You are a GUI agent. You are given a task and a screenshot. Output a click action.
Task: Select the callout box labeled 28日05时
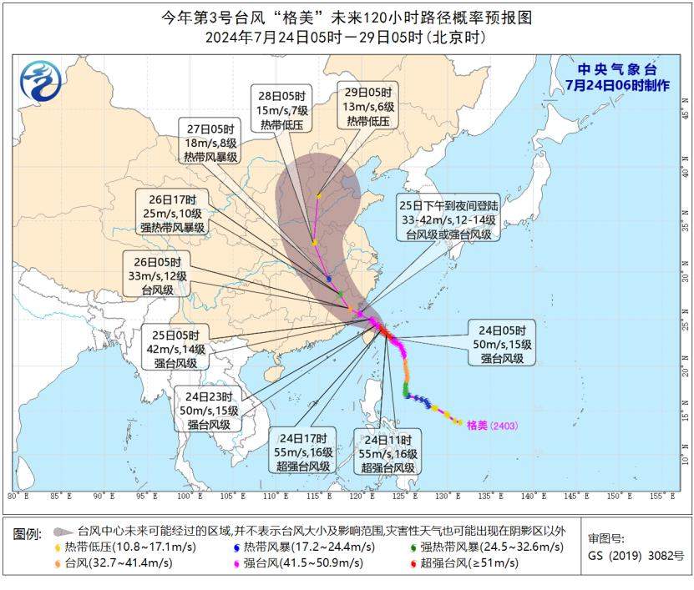(x=281, y=106)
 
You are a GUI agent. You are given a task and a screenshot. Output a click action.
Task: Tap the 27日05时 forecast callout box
(x=210, y=143)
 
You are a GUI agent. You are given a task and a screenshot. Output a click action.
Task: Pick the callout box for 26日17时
(x=173, y=214)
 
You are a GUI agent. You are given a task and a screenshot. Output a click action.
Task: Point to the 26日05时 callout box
(x=157, y=272)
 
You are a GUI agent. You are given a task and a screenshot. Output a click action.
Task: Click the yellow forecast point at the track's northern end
(x=319, y=196)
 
